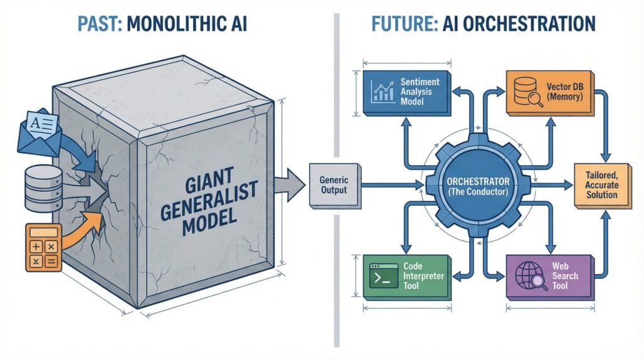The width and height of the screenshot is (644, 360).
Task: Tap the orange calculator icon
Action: tap(43, 247)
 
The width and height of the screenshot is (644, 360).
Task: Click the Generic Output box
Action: tap(334, 185)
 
